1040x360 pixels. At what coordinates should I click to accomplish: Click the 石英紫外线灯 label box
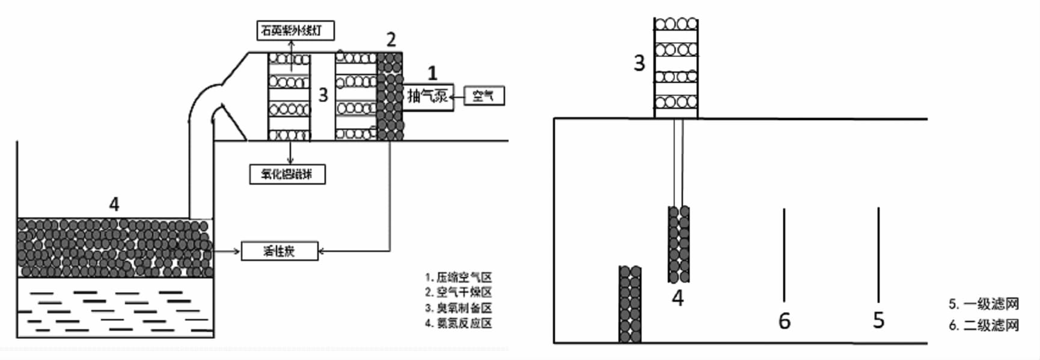pyautogui.click(x=295, y=31)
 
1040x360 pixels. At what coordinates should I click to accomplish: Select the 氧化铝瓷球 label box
pyautogui.click(x=287, y=174)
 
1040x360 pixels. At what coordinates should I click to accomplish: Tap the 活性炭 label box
pyautogui.click(x=279, y=251)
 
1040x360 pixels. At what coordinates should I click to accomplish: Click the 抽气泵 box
pyautogui.click(x=428, y=96)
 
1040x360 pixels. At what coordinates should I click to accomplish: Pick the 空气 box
pyautogui.click(x=483, y=96)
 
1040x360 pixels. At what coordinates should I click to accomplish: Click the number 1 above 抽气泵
pyautogui.click(x=432, y=74)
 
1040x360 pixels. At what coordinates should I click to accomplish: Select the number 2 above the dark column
pyautogui.click(x=391, y=40)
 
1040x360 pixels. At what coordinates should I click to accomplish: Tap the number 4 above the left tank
pyautogui.click(x=114, y=204)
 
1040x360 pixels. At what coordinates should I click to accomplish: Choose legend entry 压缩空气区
pyautogui.click(x=459, y=278)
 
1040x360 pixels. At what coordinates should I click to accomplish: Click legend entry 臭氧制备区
pyautogui.click(x=459, y=308)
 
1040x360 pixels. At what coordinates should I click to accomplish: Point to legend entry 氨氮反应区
pyautogui.click(x=459, y=323)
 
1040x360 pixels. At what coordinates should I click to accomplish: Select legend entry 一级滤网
pyautogui.click(x=984, y=305)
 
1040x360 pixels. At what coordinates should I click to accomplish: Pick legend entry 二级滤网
pyautogui.click(x=984, y=325)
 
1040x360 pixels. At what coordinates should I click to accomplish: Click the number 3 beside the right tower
pyautogui.click(x=639, y=63)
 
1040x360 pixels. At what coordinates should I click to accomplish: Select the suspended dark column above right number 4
pyautogui.click(x=679, y=244)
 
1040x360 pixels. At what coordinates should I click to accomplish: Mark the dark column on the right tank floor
pyautogui.click(x=630, y=304)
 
